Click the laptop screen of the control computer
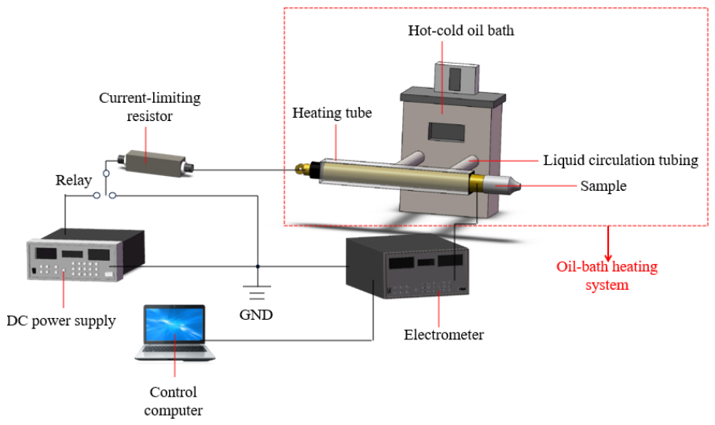click(174, 324)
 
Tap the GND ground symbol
click(257, 292)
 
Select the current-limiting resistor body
click(156, 163)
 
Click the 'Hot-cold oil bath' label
click(460, 31)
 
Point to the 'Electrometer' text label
click(444, 335)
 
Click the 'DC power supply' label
click(61, 321)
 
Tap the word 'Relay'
click(73, 180)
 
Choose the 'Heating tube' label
click(332, 113)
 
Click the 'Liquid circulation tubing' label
click(620, 160)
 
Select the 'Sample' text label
click(603, 186)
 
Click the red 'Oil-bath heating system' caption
click(607, 276)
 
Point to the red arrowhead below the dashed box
click(608, 258)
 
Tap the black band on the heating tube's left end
click(313, 170)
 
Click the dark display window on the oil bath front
click(446, 132)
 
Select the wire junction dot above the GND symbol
click(258, 266)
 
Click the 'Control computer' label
click(174, 401)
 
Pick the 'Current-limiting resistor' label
click(149, 107)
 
